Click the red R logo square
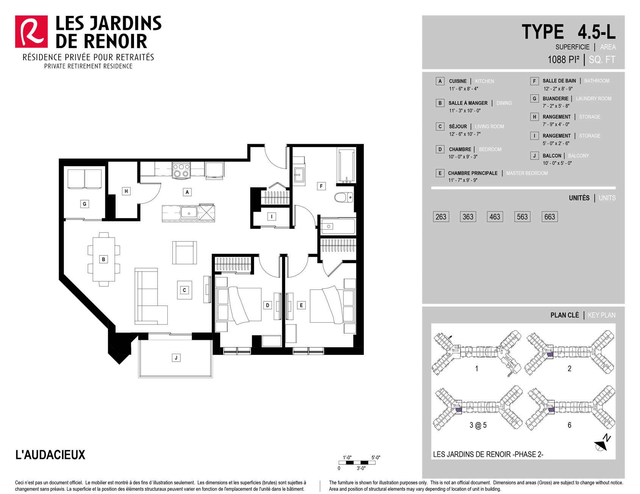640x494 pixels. coord(31,31)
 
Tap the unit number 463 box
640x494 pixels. coord(495,217)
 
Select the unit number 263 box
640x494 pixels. coord(441,217)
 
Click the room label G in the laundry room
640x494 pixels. coord(84,204)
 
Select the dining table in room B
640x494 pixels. coord(104,259)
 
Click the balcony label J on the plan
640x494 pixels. coord(176,357)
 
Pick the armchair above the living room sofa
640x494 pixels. coord(184,253)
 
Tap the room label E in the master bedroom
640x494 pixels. coord(301,305)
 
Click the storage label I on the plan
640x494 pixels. coord(272,216)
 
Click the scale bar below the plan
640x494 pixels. coord(357,463)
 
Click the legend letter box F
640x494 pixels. coord(534,81)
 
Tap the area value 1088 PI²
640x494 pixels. coord(564,59)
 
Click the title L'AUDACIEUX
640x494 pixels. coord(50,454)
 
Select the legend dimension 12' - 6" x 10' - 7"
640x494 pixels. coord(465,134)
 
